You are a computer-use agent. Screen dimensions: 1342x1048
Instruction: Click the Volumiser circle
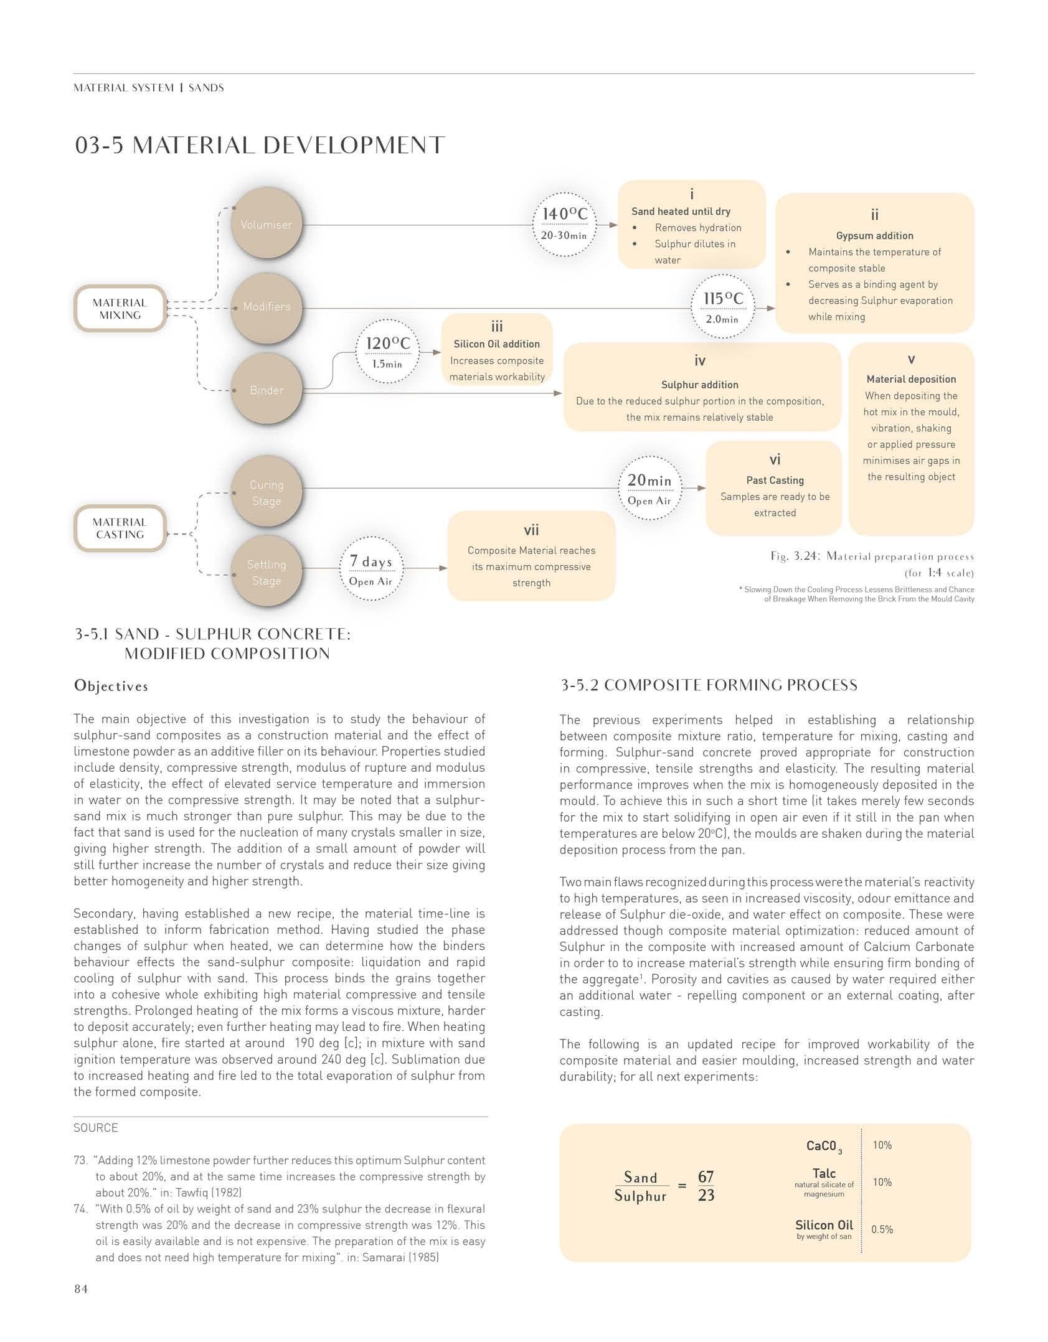(x=266, y=225)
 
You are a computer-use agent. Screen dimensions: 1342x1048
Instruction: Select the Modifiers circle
(x=267, y=307)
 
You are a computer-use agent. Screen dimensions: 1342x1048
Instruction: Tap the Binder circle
(x=267, y=390)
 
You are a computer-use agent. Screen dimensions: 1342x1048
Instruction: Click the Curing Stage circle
(x=267, y=492)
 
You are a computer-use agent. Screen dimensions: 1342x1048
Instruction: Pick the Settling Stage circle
(x=267, y=573)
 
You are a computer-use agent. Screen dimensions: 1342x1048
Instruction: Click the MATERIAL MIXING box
(x=120, y=309)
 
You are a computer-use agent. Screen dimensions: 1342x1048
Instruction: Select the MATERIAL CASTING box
(x=120, y=528)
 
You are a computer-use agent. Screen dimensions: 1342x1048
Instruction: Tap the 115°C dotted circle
(x=722, y=307)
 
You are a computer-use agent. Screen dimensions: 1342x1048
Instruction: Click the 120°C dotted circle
(x=387, y=352)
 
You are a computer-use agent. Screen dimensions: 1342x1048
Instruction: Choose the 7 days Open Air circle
(x=371, y=570)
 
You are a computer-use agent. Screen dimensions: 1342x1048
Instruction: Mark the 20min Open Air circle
(x=649, y=489)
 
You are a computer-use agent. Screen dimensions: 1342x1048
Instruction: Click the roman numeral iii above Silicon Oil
(x=497, y=327)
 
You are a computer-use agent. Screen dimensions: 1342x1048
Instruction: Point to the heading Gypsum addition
(x=874, y=236)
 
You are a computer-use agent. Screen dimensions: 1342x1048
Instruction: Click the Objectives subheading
(x=111, y=686)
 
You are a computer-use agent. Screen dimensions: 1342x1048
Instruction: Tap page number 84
(x=81, y=1289)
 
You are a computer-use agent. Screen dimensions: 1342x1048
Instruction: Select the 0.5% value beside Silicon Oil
(x=882, y=1229)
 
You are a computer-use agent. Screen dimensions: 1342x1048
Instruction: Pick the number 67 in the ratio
(x=706, y=1176)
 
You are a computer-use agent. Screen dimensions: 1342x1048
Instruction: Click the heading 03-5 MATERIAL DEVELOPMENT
(x=260, y=146)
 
